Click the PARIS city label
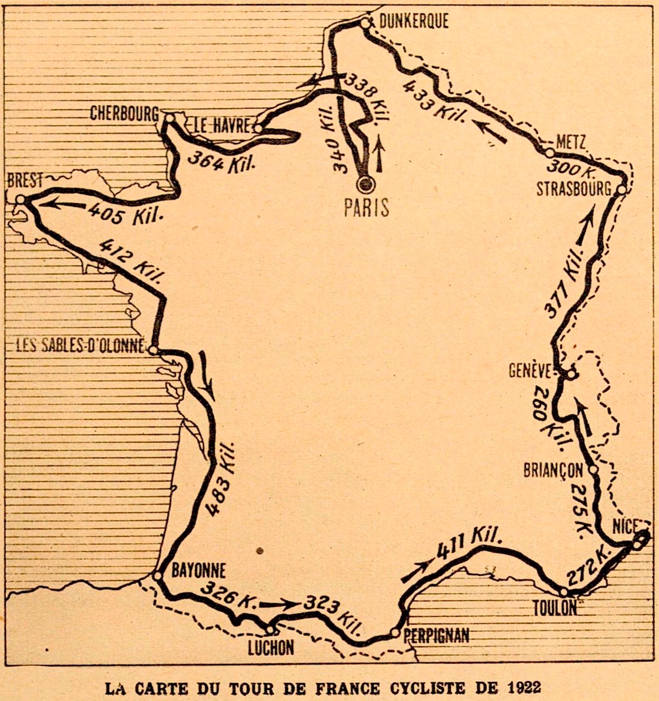point(366,207)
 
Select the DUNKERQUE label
point(414,21)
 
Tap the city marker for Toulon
point(563,592)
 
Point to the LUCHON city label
point(269,647)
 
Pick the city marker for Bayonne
point(157,575)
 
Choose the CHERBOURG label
point(124,113)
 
